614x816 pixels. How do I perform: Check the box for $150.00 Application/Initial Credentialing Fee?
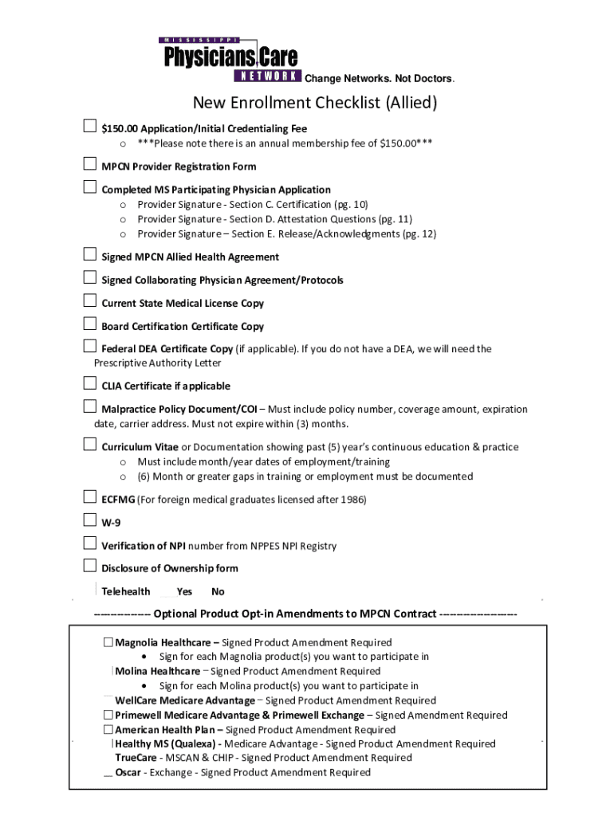coord(90,127)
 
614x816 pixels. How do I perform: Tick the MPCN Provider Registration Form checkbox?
coord(90,165)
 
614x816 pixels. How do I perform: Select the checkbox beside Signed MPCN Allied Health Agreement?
coord(90,255)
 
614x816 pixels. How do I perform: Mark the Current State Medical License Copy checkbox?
coord(90,301)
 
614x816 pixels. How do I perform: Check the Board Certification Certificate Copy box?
coord(90,324)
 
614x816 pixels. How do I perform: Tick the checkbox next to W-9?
coord(90,521)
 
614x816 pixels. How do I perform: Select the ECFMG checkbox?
coord(90,498)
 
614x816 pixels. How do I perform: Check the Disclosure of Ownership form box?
coord(90,567)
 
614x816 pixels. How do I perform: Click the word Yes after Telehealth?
coord(184,592)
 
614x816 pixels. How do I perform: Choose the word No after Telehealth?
coord(218,592)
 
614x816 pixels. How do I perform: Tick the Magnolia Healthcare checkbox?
coord(108,642)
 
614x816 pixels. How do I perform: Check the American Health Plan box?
coord(108,729)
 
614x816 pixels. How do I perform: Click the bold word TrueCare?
coord(136,759)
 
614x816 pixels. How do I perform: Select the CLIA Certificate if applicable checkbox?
coord(90,385)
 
